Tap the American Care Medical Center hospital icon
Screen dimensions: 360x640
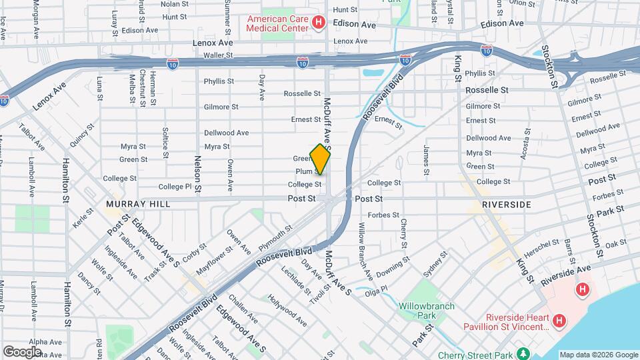click(x=318, y=23)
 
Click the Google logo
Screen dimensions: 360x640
click(x=21, y=351)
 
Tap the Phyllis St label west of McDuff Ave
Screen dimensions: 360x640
click(x=219, y=81)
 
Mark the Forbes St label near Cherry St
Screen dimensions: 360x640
click(x=383, y=215)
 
